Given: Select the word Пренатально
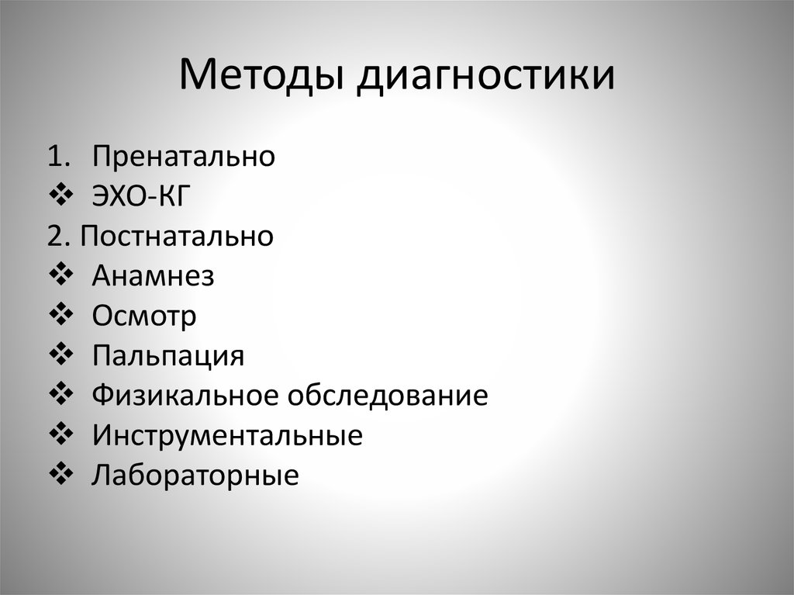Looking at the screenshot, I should pos(184,156).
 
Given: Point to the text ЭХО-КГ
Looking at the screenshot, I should pos(140,196).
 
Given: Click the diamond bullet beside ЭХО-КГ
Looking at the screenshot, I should pos(60,195).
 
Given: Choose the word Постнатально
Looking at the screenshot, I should pos(177,236).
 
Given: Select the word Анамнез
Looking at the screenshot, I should pos(153,276).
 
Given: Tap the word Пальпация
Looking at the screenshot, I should pos(168,356).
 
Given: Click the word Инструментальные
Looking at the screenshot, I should pos(227,436).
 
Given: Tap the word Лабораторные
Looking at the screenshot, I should pos(195,476).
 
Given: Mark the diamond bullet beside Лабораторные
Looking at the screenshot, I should pos(60,475).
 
